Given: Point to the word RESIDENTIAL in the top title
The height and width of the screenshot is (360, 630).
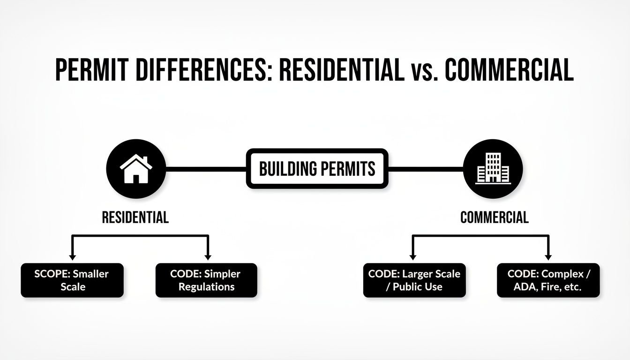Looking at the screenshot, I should (341, 71).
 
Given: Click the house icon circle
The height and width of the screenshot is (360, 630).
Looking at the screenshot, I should (136, 169).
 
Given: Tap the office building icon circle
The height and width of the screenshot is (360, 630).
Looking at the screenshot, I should (492, 169).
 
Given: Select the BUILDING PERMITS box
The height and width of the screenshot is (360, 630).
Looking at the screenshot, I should (317, 169).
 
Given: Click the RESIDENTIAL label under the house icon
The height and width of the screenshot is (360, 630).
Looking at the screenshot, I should (135, 217).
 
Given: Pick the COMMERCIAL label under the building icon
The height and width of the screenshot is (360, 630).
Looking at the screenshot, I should (494, 217).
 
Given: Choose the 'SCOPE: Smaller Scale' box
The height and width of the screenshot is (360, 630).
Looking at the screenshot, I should (72, 280).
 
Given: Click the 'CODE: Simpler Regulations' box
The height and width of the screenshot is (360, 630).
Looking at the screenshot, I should (206, 280).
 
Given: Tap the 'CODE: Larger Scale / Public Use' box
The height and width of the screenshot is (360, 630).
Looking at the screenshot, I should (414, 280).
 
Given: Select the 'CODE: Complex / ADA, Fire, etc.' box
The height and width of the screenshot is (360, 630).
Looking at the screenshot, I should (548, 280).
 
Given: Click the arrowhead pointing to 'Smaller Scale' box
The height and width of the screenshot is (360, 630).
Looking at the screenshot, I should (72, 256).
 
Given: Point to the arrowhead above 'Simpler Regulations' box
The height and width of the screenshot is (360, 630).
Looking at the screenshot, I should (208, 256).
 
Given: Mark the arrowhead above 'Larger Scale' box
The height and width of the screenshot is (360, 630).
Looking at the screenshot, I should (413, 256).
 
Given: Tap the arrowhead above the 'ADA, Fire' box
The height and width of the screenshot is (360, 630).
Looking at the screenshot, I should (548, 256).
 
